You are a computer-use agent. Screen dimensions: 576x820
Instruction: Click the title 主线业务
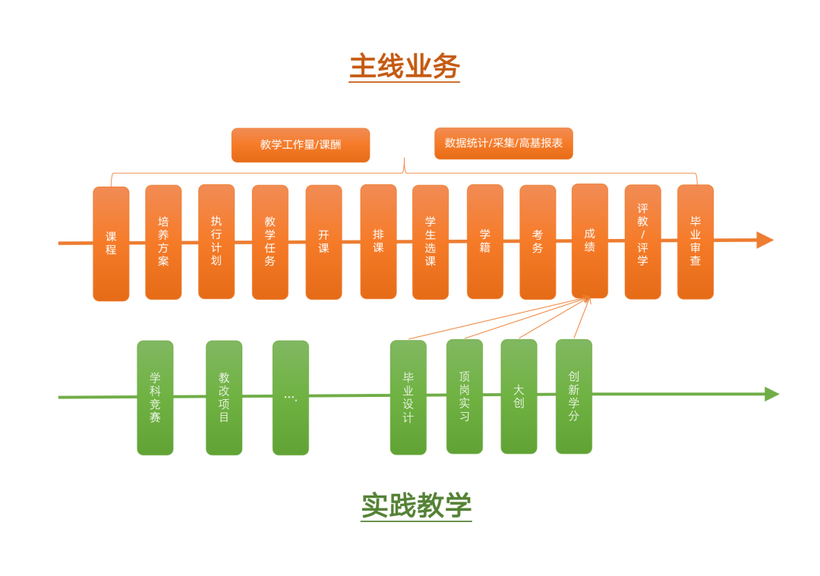[404, 67]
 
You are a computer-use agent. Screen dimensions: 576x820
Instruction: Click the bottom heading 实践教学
[416, 506]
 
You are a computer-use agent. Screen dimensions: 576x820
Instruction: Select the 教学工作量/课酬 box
[301, 145]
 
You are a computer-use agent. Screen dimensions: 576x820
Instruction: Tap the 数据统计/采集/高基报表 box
[503, 143]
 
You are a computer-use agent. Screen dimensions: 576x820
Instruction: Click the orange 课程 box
[111, 244]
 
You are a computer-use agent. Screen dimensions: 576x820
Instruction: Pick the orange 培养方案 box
[163, 242]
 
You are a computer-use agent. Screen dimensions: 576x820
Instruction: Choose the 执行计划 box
[216, 241]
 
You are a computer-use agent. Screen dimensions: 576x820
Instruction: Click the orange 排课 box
[378, 241]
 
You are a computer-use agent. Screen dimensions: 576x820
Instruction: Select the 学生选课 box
[430, 242]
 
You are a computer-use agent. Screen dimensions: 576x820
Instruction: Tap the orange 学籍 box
[485, 241]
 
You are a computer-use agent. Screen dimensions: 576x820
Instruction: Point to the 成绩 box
[590, 241]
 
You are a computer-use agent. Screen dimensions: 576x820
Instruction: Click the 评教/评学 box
[642, 241]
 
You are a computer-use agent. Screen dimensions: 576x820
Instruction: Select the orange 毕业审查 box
[695, 241]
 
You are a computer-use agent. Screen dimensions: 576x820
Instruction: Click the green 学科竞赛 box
[155, 398]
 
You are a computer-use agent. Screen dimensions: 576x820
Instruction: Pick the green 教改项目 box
[224, 398]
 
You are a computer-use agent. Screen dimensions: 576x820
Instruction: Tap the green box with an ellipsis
[291, 398]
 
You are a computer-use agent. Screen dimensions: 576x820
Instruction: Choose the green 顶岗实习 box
[465, 396]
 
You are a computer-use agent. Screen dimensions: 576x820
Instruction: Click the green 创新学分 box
[574, 396]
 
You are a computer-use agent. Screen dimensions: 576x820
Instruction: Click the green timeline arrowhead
[771, 394]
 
